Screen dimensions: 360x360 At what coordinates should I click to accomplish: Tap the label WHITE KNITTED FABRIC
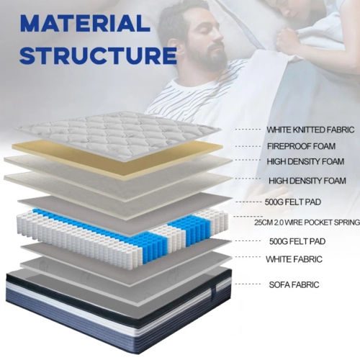(310, 130)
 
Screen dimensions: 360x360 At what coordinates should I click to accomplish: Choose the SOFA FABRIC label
(293, 284)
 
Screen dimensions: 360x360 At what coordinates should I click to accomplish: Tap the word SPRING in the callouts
(345, 222)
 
